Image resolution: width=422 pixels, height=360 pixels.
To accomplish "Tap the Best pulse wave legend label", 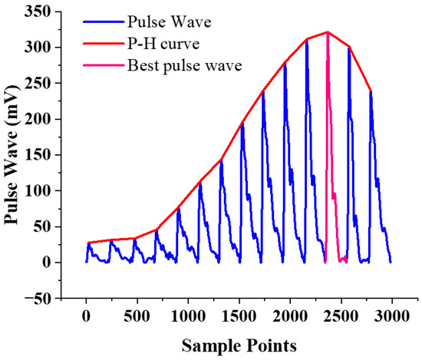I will pos(181,65).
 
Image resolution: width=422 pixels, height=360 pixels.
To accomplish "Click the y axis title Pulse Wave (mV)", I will pos(14,154).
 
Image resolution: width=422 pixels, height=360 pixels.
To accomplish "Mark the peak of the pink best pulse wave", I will pos(328,33).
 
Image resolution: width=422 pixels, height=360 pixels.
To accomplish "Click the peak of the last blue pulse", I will pos(371,92).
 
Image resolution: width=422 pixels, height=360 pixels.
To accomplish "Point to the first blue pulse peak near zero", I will pos(88,243).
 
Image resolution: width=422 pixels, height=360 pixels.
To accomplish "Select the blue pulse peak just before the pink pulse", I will pos(307,40).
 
